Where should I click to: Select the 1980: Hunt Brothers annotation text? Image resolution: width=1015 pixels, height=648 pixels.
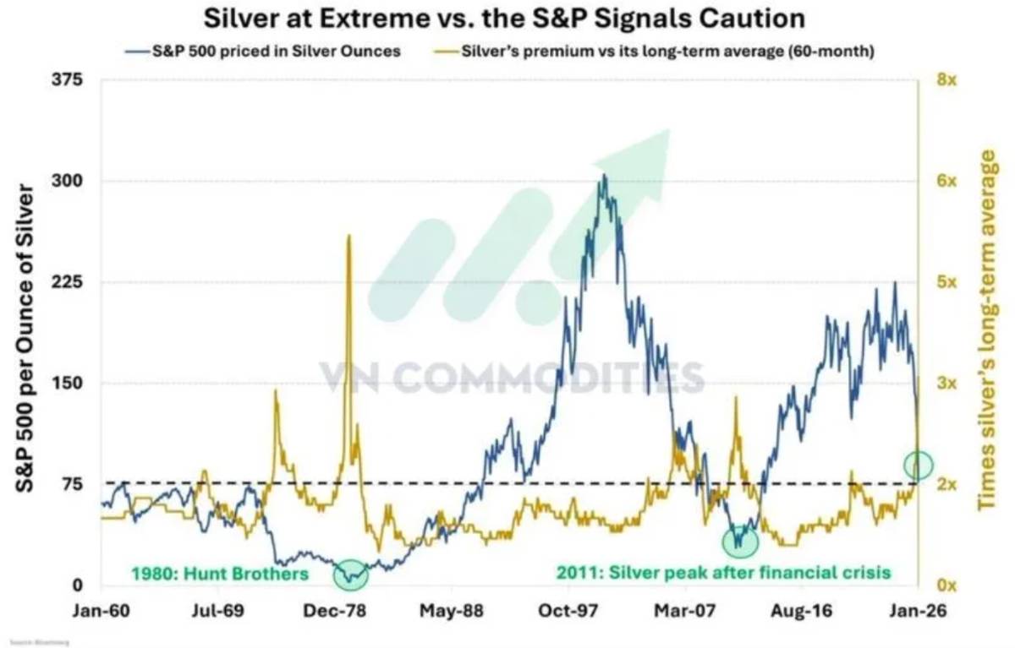218,574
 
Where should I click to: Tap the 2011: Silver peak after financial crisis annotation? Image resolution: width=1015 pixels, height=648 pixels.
723,573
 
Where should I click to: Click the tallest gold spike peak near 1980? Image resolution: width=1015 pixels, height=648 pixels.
349,237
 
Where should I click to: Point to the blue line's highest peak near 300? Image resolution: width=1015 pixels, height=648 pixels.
604,176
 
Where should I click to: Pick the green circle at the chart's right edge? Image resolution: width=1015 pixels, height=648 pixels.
918,464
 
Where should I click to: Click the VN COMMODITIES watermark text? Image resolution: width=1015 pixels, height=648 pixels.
511,378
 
